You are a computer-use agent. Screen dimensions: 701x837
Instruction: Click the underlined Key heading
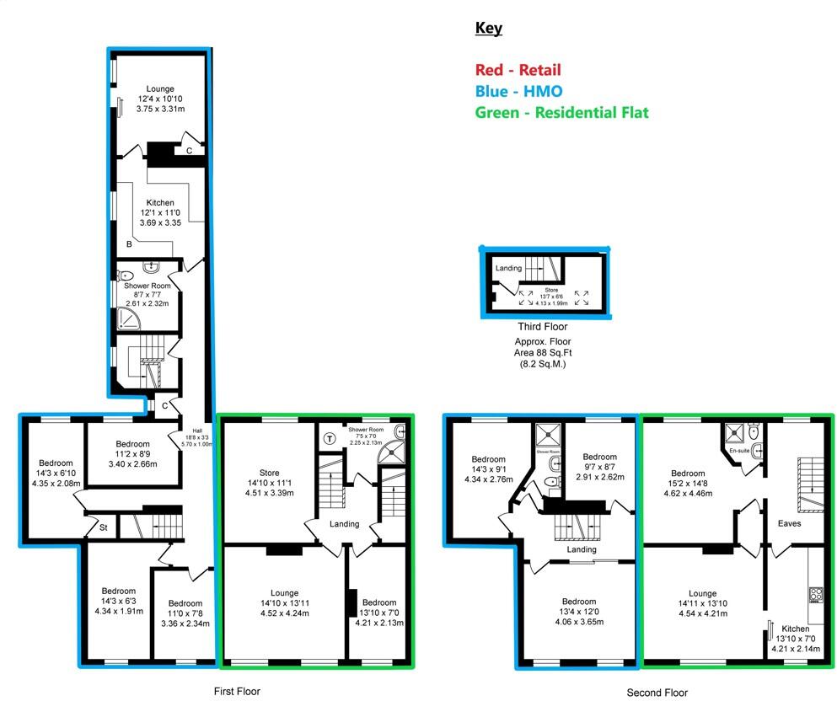coord(489,28)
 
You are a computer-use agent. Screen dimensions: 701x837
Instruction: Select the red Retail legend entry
coord(518,70)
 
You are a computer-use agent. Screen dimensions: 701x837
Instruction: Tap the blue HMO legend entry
coord(518,91)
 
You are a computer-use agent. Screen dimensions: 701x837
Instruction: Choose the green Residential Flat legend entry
coord(562,112)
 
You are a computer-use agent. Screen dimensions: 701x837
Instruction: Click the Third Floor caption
coord(543,327)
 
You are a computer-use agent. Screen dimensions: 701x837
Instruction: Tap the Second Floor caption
coord(657,693)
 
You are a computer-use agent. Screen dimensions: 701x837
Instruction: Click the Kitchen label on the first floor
coord(160,203)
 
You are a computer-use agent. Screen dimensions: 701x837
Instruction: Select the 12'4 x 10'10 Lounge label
coord(160,99)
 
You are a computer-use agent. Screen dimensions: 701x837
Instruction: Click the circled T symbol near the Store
coord(329,437)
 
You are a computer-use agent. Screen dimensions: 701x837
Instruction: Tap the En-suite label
coord(739,451)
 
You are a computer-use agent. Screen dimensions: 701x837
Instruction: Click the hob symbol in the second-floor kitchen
coord(816,595)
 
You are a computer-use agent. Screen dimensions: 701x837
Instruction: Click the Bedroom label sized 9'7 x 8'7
coord(599,464)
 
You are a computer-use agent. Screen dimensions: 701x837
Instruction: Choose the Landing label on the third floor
coord(507,268)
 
